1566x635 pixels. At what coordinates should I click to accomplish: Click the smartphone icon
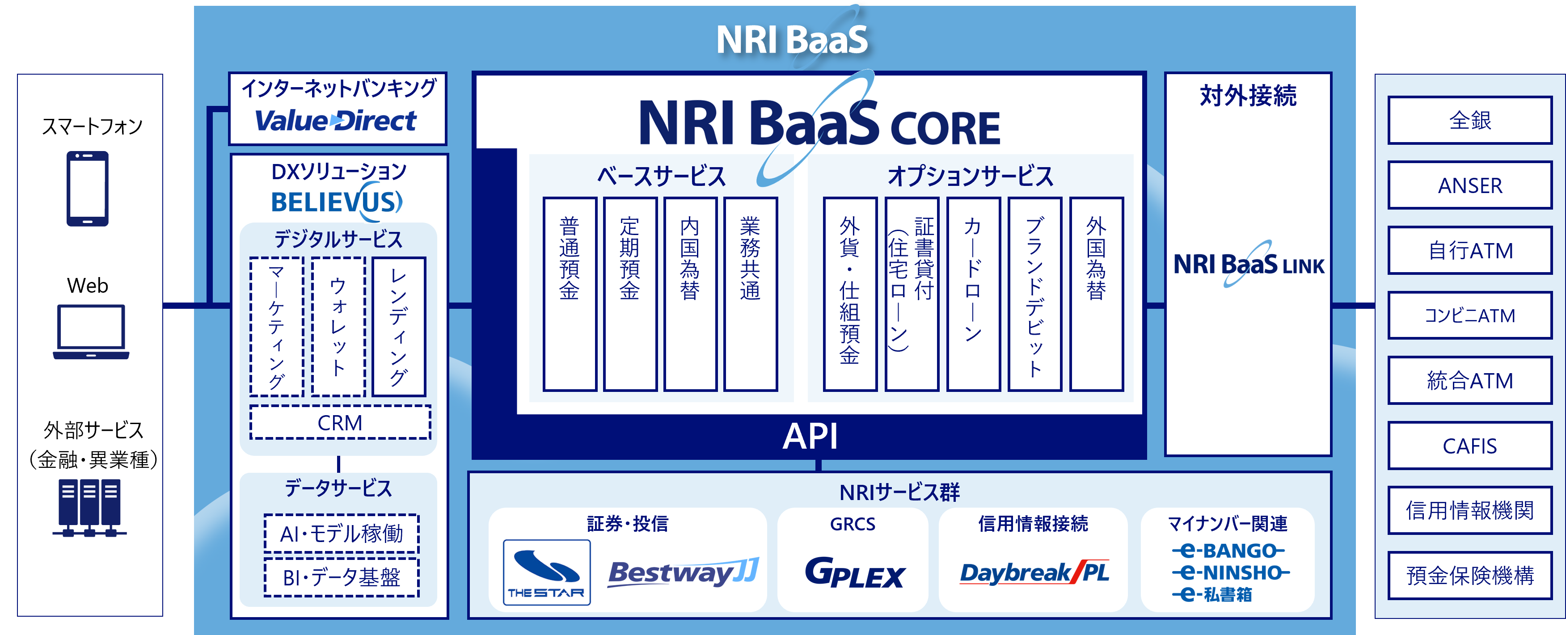[88, 189]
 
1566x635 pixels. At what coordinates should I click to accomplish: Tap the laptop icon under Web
[91, 331]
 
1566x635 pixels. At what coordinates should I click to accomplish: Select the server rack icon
[89, 507]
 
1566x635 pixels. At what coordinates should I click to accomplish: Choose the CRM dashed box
[340, 422]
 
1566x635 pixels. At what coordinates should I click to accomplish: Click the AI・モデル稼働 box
[342, 534]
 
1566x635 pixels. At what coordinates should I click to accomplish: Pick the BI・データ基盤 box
[342, 576]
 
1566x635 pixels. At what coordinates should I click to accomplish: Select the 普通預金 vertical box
[569, 294]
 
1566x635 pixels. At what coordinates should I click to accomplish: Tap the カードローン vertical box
[973, 294]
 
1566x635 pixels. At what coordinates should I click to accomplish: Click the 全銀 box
[1470, 120]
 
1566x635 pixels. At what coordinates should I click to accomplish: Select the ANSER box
[1470, 185]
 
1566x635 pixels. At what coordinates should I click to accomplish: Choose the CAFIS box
[1470, 446]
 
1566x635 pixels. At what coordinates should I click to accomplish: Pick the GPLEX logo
[855, 573]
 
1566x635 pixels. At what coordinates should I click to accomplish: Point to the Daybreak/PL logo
[1034, 572]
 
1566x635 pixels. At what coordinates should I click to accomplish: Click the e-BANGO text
[1228, 551]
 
